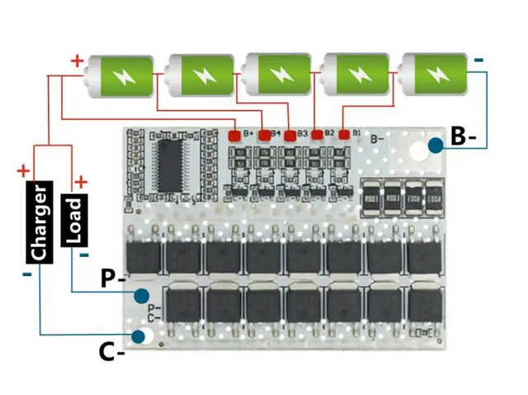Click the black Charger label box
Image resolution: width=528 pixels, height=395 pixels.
tap(40, 222)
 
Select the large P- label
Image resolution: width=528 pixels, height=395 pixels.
tap(113, 279)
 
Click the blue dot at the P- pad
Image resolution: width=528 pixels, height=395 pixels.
tap(143, 294)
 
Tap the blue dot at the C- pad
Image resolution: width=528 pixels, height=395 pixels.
tap(139, 336)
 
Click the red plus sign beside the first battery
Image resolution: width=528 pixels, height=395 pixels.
tap(77, 60)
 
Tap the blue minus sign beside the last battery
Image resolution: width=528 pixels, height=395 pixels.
tap(478, 59)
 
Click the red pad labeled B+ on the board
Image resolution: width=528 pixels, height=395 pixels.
tap(235, 134)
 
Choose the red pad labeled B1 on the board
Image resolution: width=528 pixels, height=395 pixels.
tap(343, 134)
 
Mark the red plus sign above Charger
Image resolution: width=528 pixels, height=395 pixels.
tap(22, 171)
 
